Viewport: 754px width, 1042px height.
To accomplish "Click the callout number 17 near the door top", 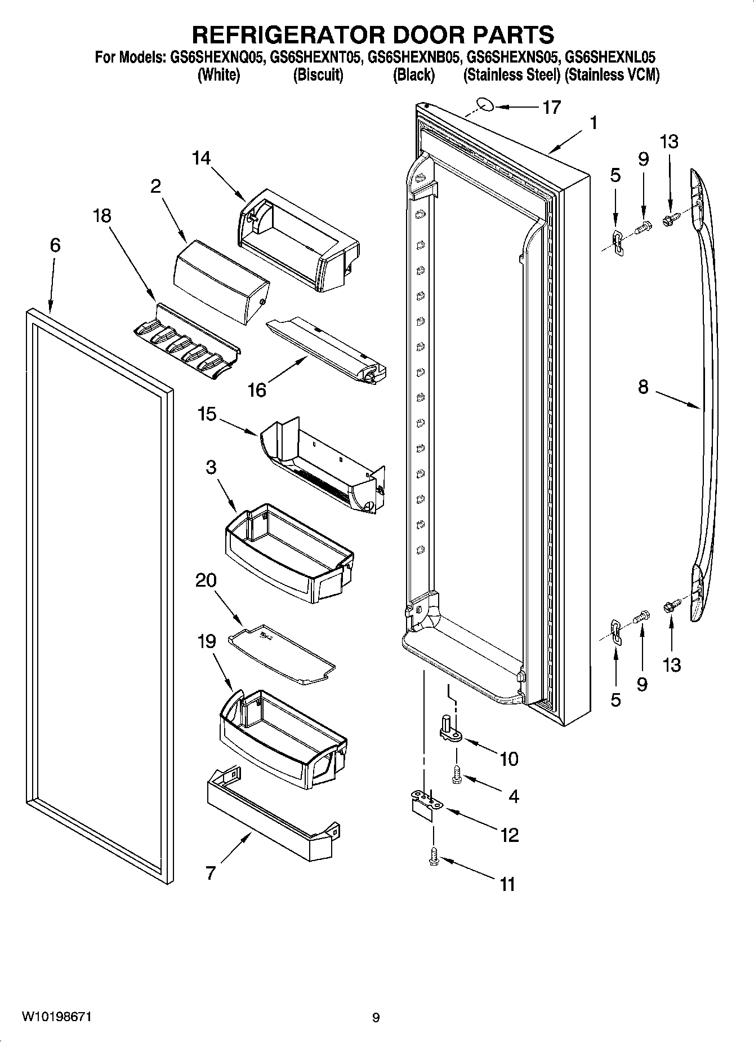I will pyautogui.click(x=551, y=107).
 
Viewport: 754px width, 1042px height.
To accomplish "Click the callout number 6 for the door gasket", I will pyautogui.click(x=55, y=245).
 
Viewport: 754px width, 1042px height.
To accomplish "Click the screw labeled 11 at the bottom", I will pyautogui.click(x=433, y=857).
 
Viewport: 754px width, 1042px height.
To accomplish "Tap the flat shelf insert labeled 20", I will pyautogui.click(x=282, y=654).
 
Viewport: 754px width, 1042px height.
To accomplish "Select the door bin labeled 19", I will pyautogui.click(x=282, y=733).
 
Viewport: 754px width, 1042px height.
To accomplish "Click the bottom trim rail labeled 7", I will pyautogui.click(x=270, y=817).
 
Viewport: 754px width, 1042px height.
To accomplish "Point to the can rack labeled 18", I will pyautogui.click(x=186, y=344).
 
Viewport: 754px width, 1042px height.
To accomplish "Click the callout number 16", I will pyautogui.click(x=257, y=390).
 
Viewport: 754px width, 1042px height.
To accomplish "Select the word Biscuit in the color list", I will pyautogui.click(x=318, y=75).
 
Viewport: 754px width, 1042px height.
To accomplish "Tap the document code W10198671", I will pyautogui.click(x=56, y=1017).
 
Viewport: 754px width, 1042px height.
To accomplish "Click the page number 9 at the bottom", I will pyautogui.click(x=376, y=1018).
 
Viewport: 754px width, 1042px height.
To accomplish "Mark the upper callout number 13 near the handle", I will pyautogui.click(x=669, y=141).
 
